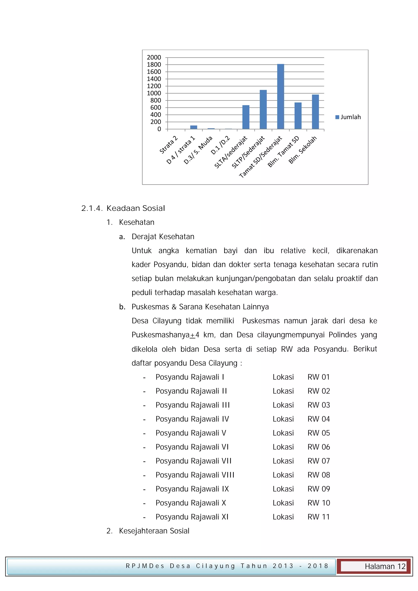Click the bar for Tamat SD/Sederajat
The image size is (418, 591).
[281, 97]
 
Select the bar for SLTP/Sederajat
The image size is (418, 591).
[263, 109]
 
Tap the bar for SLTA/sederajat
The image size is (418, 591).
[246, 117]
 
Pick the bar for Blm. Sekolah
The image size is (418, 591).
[315, 112]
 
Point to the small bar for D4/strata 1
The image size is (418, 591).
[193, 127]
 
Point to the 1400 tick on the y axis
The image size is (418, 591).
[154, 79]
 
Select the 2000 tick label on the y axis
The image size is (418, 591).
[154, 57]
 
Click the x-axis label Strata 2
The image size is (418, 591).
[169, 145]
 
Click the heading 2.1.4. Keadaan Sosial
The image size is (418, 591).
[123, 208]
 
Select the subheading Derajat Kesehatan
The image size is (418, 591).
[163, 237]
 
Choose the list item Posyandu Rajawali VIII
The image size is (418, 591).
[195, 475]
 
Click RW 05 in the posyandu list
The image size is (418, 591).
[318, 433]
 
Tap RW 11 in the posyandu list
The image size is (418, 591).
[318, 517]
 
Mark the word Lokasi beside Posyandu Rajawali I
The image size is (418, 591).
[283, 377]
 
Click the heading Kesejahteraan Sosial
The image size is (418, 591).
[154, 531]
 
